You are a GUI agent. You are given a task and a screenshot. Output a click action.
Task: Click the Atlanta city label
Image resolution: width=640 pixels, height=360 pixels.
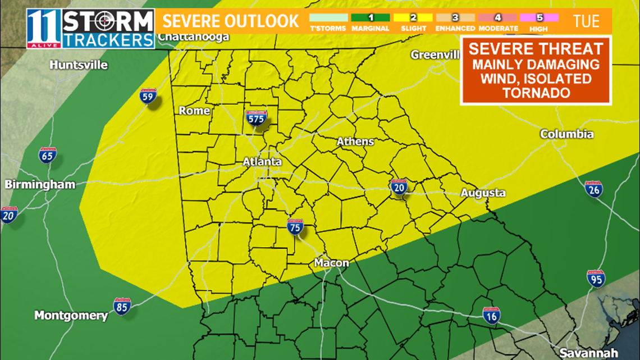(262, 162)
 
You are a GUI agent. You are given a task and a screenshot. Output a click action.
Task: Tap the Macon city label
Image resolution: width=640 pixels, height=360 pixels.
(331, 263)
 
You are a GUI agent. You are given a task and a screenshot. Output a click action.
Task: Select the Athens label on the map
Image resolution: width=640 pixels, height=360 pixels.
(355, 142)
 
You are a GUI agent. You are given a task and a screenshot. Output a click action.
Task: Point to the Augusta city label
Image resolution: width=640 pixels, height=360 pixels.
(483, 193)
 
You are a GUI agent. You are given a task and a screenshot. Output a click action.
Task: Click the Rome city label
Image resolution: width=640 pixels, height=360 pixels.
(194, 111)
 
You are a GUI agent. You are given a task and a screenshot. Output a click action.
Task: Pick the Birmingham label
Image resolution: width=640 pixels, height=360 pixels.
(40, 185)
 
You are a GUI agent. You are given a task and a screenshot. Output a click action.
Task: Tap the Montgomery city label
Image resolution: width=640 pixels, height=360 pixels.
(71, 315)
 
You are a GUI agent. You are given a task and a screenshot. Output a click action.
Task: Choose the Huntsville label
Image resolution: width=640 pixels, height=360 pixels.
(79, 65)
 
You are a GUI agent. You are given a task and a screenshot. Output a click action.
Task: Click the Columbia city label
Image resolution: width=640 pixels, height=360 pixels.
(566, 134)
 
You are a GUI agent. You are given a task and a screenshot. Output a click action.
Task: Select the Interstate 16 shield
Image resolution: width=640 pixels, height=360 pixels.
(491, 316)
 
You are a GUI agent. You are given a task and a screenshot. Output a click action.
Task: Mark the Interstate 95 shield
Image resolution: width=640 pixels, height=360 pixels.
(595, 279)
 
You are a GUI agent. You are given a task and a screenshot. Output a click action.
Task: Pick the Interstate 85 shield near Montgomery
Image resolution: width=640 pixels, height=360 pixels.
(122, 306)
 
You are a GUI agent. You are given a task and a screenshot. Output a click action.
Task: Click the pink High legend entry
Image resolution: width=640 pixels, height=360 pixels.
(539, 22)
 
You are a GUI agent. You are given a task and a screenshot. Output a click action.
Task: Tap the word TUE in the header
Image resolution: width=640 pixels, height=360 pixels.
(586, 22)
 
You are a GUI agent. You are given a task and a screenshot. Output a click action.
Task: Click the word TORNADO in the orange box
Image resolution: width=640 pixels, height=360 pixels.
(535, 93)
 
